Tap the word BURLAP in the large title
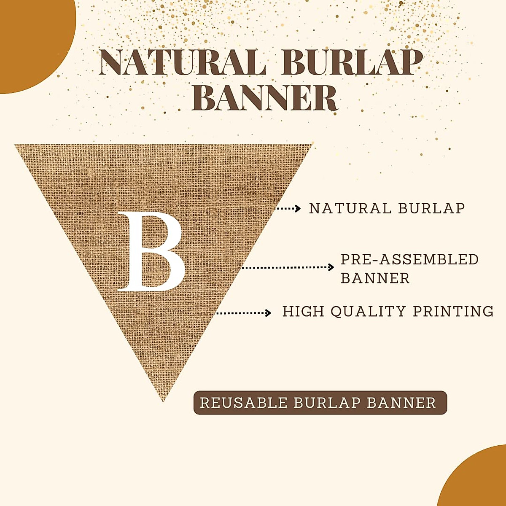click(352, 63)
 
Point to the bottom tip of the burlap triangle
click(163, 401)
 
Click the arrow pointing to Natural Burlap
click(288, 209)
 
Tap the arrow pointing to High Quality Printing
click(243, 313)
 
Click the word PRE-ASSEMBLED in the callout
click(409, 259)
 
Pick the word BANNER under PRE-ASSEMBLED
click(375, 278)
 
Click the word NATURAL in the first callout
click(350, 209)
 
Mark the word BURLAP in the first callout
click(432, 209)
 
